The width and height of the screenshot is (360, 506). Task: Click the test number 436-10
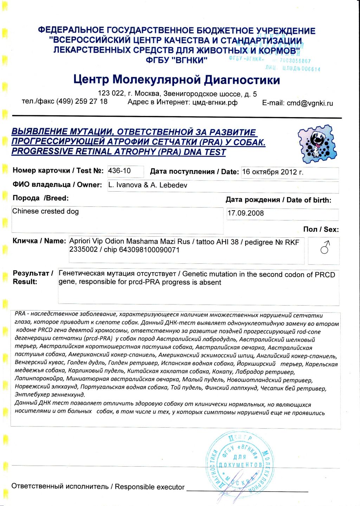(x=120, y=171)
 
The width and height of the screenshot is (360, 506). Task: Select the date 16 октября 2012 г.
(x=272, y=172)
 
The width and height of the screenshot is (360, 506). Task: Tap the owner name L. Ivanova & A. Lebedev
(x=148, y=185)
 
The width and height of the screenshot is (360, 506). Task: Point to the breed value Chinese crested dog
(x=45, y=211)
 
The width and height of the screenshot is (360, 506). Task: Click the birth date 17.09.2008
(x=245, y=213)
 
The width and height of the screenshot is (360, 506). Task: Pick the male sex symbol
(x=324, y=248)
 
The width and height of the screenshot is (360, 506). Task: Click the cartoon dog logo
(x=317, y=144)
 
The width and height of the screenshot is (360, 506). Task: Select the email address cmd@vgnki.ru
(x=310, y=103)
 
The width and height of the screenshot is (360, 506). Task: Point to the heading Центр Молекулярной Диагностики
(x=176, y=80)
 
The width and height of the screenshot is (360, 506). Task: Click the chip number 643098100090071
(x=149, y=250)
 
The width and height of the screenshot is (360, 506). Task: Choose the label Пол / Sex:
(x=321, y=229)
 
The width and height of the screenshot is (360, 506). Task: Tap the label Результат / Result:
(x=33, y=277)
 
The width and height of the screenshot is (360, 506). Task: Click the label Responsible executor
(x=149, y=487)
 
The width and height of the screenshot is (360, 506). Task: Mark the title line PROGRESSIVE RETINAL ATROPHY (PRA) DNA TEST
(x=118, y=152)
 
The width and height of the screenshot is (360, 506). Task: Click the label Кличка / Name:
(x=39, y=241)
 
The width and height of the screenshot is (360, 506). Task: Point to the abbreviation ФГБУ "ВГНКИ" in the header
(x=176, y=60)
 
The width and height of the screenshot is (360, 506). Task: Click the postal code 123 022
(x=111, y=93)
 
